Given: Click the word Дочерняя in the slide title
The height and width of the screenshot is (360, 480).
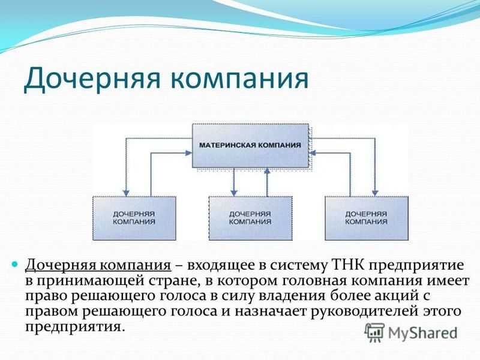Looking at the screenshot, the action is (92, 79).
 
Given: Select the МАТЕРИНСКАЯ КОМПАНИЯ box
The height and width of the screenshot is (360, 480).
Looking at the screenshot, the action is (250, 145).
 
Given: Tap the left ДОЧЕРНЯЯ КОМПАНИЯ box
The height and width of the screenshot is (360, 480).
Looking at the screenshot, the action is (134, 218).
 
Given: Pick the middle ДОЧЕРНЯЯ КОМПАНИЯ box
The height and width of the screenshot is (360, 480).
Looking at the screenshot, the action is (250, 218).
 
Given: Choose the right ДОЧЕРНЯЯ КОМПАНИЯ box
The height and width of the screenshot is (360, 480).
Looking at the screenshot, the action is (367, 218).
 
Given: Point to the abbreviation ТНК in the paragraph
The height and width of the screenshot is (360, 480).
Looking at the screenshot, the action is (347, 265).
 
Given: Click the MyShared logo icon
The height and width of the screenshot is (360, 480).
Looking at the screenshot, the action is (374, 333).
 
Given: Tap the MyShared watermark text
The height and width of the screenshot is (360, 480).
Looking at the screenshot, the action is (422, 333).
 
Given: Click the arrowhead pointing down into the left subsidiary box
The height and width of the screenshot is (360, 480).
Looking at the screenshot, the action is (126, 193).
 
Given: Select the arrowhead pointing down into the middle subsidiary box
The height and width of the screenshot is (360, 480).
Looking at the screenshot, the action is (234, 193).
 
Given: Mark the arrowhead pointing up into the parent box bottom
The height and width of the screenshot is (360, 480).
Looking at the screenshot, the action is (267, 171).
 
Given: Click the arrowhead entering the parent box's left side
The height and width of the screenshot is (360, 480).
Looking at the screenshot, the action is (189, 153).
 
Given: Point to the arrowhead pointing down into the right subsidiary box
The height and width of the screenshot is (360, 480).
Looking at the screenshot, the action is (375, 193).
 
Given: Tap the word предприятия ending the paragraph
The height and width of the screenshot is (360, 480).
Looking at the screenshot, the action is (76, 327).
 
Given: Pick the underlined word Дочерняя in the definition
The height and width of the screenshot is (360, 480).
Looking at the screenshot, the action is (61, 266).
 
